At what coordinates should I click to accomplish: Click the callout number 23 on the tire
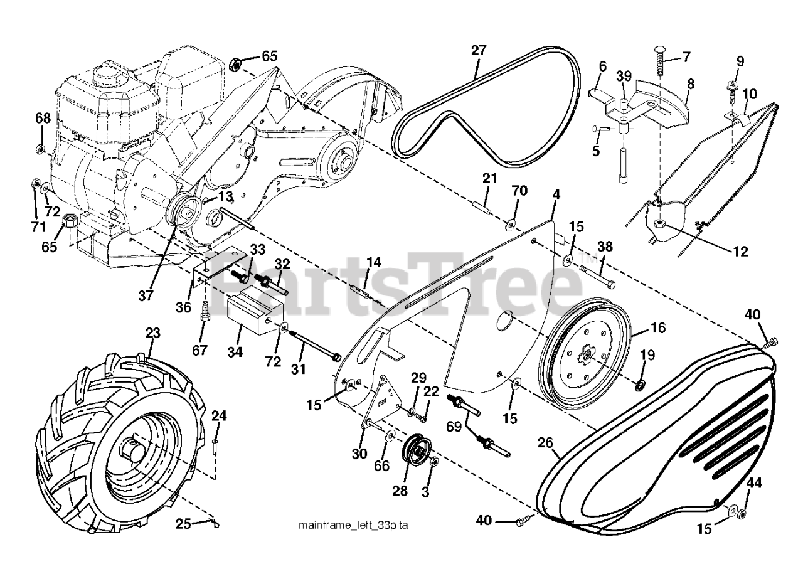pos(153,332)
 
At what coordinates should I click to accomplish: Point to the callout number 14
pos(373,262)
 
